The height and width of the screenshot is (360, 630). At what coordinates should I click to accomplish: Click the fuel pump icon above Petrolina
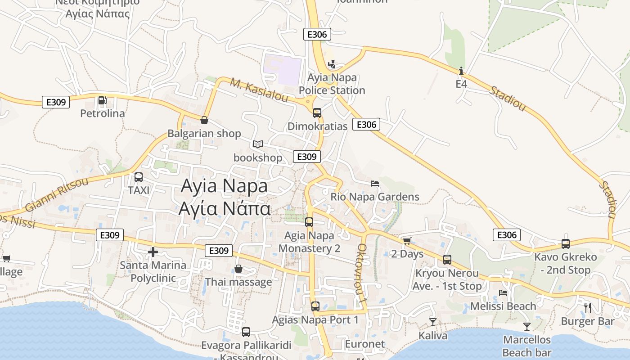point(103,100)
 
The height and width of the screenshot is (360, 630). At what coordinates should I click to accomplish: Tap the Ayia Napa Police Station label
point(332,84)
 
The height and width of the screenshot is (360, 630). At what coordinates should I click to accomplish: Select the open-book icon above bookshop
point(258,144)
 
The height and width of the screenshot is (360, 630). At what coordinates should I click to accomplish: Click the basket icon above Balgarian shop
point(204,120)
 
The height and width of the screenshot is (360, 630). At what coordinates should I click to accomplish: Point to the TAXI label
point(139,190)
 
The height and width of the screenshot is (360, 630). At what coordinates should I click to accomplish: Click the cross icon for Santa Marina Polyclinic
point(153,252)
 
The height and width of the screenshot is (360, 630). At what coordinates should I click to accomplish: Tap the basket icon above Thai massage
point(238,269)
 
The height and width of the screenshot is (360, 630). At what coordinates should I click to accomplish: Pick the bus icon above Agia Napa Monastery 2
point(309,222)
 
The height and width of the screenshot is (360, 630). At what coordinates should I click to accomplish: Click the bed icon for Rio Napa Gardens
point(375,183)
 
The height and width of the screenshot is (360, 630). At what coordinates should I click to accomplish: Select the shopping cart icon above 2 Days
point(407,241)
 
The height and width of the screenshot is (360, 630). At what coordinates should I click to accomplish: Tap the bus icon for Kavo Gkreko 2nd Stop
point(566,244)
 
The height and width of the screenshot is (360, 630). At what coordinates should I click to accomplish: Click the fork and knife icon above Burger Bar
point(587,308)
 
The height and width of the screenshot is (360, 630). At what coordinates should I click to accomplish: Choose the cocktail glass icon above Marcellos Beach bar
point(527,326)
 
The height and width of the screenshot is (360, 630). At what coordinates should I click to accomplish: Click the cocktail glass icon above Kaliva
point(433,322)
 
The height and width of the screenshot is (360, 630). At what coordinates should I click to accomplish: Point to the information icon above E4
point(461,71)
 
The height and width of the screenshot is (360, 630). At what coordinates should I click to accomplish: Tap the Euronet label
point(365,344)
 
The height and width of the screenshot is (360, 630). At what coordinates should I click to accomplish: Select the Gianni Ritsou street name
point(57,195)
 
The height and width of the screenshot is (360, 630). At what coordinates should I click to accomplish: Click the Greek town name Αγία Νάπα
point(225,209)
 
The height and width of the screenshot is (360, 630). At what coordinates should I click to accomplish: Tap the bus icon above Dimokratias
point(317,112)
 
